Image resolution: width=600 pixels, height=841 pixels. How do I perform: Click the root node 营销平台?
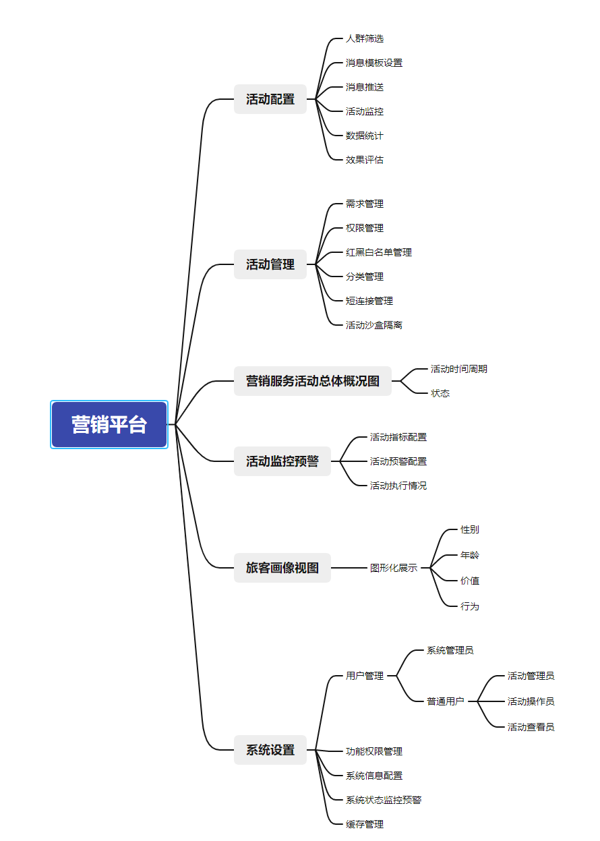pos(109,424)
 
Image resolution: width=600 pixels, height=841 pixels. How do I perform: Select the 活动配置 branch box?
pos(270,99)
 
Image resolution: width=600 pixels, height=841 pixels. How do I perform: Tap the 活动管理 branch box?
pos(270,264)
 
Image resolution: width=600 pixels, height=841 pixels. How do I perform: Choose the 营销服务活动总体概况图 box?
pos(313,381)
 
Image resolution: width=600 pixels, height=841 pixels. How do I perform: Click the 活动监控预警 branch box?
pos(282,461)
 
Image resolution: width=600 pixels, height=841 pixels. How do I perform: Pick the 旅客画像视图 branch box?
pos(282,568)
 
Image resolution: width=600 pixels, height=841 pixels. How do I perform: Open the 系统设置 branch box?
pos(270,750)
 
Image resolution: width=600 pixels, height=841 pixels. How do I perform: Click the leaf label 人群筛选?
pos(364,38)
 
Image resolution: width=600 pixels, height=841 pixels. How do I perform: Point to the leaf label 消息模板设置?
pos(373,63)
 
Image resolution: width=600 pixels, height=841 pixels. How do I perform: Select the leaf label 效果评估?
pos(364,160)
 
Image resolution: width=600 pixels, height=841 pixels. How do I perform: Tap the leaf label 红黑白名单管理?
pos(379,252)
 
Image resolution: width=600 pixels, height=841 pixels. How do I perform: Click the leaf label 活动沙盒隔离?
pos(373,325)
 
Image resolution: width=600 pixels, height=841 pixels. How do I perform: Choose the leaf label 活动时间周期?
pos(458,369)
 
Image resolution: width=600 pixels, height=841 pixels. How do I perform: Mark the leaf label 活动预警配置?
pos(398,461)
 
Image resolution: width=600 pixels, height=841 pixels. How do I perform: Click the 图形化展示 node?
pos(393,568)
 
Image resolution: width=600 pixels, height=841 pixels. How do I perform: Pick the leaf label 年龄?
pos(470,555)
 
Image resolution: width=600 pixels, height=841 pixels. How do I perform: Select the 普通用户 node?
pos(446,701)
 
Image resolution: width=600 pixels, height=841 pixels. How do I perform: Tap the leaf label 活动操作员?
pos(531,701)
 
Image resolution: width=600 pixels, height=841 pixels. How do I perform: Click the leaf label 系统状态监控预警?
pos(384,800)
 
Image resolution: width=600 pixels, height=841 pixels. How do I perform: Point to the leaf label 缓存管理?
pos(364,825)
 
